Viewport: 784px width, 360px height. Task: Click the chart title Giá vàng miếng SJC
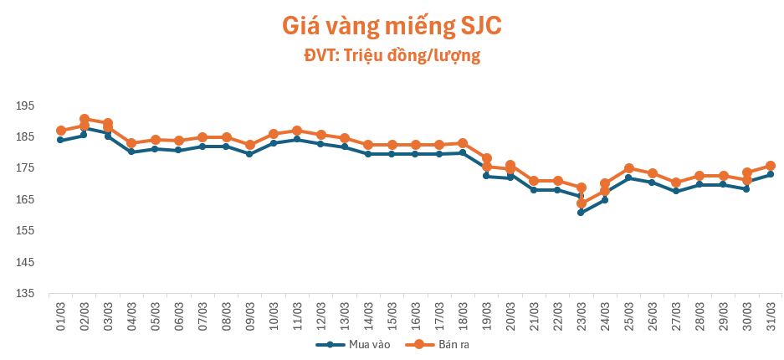click(392, 26)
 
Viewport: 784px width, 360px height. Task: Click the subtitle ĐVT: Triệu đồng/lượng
click(392, 56)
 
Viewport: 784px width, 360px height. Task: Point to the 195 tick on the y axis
click(23, 106)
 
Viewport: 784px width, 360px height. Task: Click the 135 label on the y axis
click(23, 294)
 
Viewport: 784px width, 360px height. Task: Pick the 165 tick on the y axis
click(23, 200)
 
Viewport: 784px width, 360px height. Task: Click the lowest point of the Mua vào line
click(581, 213)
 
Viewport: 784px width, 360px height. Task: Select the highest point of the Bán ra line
click(85, 119)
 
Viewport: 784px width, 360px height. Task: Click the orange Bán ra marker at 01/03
click(61, 131)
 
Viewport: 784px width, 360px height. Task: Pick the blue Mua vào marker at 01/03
click(61, 140)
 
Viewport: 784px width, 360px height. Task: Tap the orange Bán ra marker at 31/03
click(771, 166)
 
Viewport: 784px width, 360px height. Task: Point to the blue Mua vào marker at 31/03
click(771, 174)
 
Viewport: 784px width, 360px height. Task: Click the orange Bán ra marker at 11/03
click(297, 131)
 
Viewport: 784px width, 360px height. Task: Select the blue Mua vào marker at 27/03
click(676, 191)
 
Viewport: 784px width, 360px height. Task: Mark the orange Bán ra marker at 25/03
click(628, 168)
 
